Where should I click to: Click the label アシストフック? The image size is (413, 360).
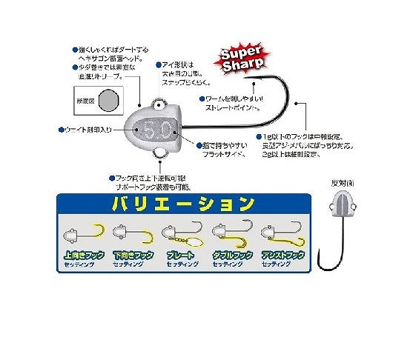(x=284, y=254)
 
